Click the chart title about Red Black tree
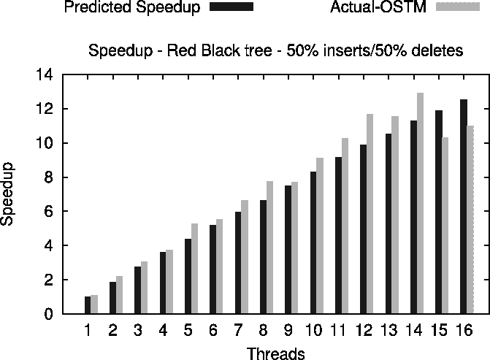(x=275, y=52)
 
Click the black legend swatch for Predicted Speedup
(x=231, y=8)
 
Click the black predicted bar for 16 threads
(x=463, y=207)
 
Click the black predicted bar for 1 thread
(x=88, y=305)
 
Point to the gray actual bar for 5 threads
(x=194, y=269)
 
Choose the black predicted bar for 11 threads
(x=338, y=235)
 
